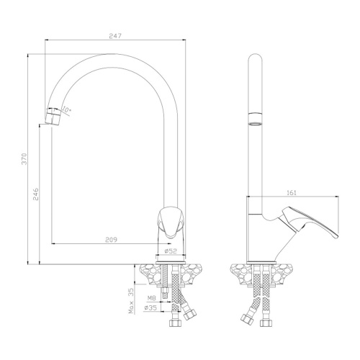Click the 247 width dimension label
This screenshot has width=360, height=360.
[x=115, y=36]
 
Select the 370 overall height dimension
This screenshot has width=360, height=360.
[x=24, y=158]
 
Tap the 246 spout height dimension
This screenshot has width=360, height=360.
[x=35, y=194]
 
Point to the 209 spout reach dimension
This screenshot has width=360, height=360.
[x=111, y=240]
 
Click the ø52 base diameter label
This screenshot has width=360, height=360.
[x=171, y=251]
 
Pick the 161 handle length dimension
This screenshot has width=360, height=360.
[x=292, y=193]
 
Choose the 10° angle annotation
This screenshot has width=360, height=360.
[x=66, y=109]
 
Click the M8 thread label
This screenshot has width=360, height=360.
[x=151, y=298]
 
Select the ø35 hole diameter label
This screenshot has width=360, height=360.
[x=150, y=307]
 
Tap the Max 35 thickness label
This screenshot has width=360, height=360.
[x=131, y=301]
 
